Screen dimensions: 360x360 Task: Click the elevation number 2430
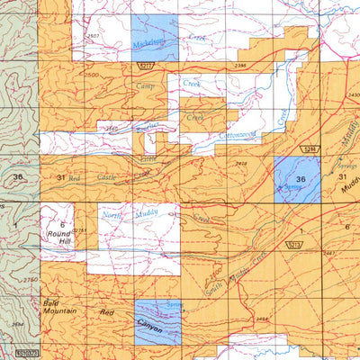pos(352,94)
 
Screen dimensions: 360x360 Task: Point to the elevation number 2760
pos(31,281)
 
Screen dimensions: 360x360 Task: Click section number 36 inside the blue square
pos(300,178)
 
